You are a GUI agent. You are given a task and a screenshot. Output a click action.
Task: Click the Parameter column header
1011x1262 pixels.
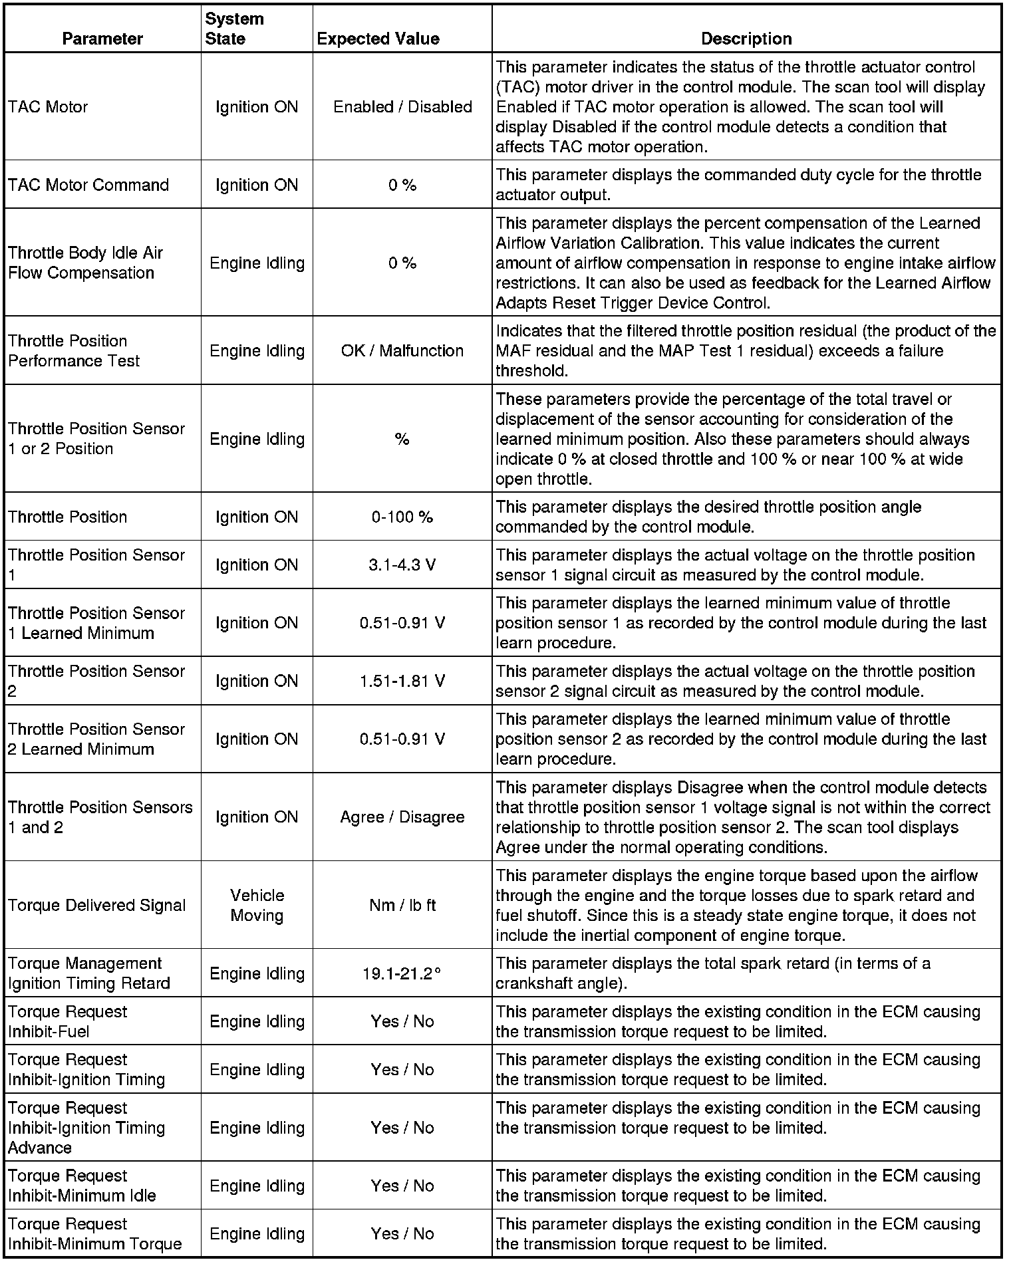click(x=102, y=39)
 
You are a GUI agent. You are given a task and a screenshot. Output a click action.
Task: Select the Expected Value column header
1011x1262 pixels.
click(x=378, y=39)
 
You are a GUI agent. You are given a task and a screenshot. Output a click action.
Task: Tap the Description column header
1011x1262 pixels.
click(x=746, y=39)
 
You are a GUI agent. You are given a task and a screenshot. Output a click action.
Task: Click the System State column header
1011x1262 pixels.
click(x=234, y=29)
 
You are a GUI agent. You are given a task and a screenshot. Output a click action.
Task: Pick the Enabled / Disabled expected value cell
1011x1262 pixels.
click(x=402, y=107)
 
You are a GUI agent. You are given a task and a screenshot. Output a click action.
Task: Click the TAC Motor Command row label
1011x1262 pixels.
click(x=88, y=185)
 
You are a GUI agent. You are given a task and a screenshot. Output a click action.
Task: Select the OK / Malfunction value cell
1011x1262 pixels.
click(x=402, y=351)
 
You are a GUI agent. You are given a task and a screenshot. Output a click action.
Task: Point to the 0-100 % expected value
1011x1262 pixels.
click(x=402, y=517)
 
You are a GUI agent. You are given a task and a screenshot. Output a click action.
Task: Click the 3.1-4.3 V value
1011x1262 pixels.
click(x=402, y=565)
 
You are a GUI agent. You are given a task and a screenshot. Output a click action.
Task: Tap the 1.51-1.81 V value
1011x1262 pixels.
click(x=402, y=682)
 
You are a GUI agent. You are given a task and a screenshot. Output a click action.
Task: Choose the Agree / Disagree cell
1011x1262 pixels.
click(x=402, y=817)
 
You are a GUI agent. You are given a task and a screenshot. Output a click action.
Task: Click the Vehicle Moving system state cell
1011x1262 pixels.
click(x=257, y=906)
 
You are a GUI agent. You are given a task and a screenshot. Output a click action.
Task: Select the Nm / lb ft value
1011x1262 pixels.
click(x=402, y=906)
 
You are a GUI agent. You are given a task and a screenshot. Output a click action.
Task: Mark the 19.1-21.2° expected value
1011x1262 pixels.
click(x=402, y=974)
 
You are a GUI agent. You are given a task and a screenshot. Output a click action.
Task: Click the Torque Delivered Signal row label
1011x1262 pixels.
click(x=97, y=906)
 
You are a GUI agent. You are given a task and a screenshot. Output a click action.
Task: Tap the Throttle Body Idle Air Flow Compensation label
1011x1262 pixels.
click(x=85, y=263)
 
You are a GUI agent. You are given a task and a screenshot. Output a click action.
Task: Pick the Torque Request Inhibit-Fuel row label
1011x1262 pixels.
click(x=67, y=1022)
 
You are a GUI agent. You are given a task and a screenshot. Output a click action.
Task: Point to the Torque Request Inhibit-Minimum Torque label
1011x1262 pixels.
click(x=94, y=1234)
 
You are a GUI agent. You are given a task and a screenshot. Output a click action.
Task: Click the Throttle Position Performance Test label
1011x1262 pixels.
click(x=74, y=351)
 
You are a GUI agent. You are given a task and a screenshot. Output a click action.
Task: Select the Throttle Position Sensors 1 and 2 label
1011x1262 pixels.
click(x=100, y=817)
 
